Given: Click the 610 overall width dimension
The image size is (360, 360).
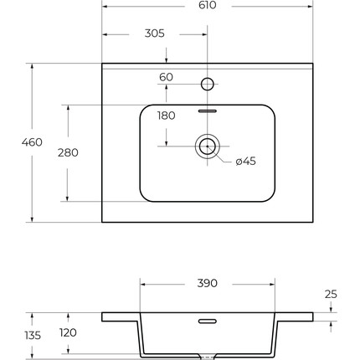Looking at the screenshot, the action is click(x=208, y=5).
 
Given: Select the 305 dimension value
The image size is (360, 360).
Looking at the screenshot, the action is click(x=155, y=33).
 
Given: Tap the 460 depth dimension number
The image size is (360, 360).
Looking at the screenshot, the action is click(x=32, y=142).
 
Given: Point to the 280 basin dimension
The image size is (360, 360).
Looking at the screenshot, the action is click(x=68, y=152).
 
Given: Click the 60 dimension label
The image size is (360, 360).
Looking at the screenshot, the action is click(x=166, y=77).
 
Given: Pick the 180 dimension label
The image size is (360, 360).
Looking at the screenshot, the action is click(x=167, y=116).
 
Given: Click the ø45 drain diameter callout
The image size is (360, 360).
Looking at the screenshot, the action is click(x=246, y=161).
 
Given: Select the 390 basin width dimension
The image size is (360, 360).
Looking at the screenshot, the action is click(x=208, y=283).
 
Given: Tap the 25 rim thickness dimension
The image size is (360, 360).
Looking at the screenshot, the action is click(x=331, y=294).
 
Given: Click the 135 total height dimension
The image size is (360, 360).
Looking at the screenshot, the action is click(x=33, y=336).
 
